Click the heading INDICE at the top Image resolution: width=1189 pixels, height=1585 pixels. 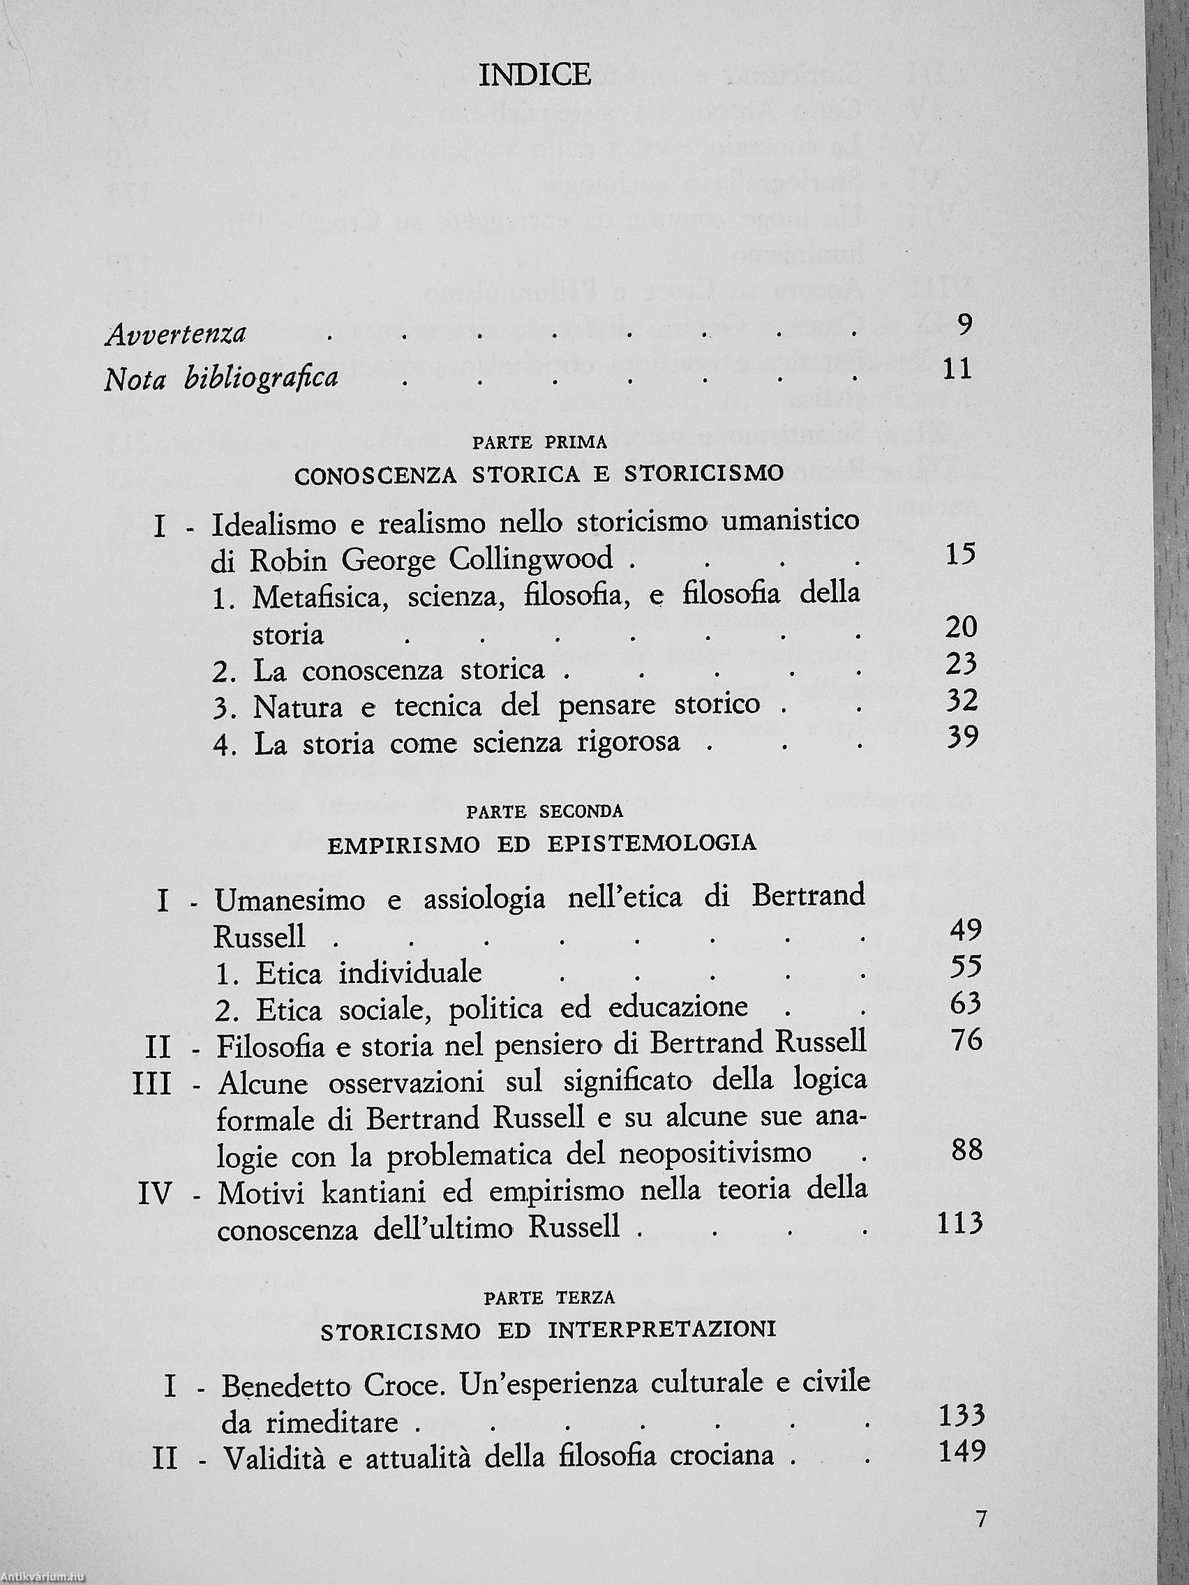[x=534, y=75]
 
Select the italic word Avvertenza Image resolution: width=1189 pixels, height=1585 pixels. [x=176, y=335]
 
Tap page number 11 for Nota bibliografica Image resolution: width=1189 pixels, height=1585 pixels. [x=957, y=370]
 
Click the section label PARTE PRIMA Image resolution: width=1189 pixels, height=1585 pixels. [x=539, y=443]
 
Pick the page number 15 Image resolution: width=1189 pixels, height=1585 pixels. [x=960, y=554]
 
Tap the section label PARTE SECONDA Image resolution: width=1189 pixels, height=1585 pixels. [x=544, y=812]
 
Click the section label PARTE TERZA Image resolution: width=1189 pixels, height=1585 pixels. [x=549, y=1297]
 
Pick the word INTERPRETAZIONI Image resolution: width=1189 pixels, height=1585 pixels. [x=662, y=1330]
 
